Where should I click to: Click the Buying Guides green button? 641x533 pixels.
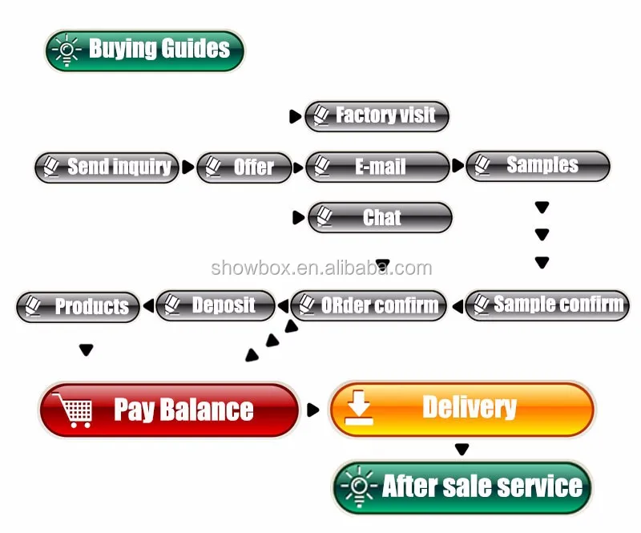[145, 50]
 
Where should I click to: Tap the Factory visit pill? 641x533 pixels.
[377, 116]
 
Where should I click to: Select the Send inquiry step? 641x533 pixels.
[107, 168]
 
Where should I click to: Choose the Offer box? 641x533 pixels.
[244, 168]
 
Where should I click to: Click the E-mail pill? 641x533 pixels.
[377, 167]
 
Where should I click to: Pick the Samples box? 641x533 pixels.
[538, 166]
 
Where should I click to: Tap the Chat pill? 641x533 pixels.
[380, 218]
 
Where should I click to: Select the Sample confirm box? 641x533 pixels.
[547, 305]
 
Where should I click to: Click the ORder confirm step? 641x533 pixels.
[369, 305]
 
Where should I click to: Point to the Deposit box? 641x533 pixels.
[216, 305]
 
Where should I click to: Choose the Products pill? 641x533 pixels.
[78, 307]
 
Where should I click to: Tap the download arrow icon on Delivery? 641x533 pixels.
[359, 408]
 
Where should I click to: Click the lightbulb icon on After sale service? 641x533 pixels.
[359, 487]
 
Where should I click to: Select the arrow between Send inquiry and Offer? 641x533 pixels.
[188, 167]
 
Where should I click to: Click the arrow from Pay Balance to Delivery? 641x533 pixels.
[312, 410]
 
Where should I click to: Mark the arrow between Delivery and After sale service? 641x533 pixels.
[462, 449]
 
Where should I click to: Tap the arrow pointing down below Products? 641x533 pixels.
[87, 349]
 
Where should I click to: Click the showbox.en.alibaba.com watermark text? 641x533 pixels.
[321, 268]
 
